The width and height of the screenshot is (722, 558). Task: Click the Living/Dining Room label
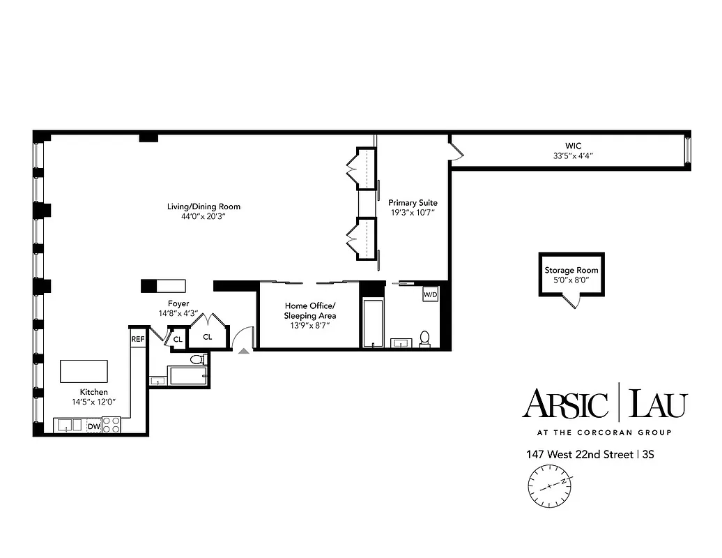[203, 206]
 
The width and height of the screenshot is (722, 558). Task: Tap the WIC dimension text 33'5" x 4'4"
[573, 156]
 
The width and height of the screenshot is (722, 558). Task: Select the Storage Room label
[571, 270]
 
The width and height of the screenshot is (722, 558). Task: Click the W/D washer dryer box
[430, 295]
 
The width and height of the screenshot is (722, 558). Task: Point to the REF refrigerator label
[138, 339]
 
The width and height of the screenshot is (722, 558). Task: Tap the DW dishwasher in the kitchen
[93, 425]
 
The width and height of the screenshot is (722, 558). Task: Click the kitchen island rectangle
[84, 371]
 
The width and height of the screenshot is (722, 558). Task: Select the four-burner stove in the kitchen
[112, 425]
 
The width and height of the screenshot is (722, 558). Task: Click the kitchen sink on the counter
[68, 425]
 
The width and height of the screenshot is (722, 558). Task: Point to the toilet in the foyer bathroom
[197, 360]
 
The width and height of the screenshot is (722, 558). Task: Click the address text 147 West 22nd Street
[580, 455]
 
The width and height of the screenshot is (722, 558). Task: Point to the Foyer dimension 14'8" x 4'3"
[178, 314]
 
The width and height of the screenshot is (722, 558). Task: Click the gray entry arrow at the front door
[243, 351]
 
